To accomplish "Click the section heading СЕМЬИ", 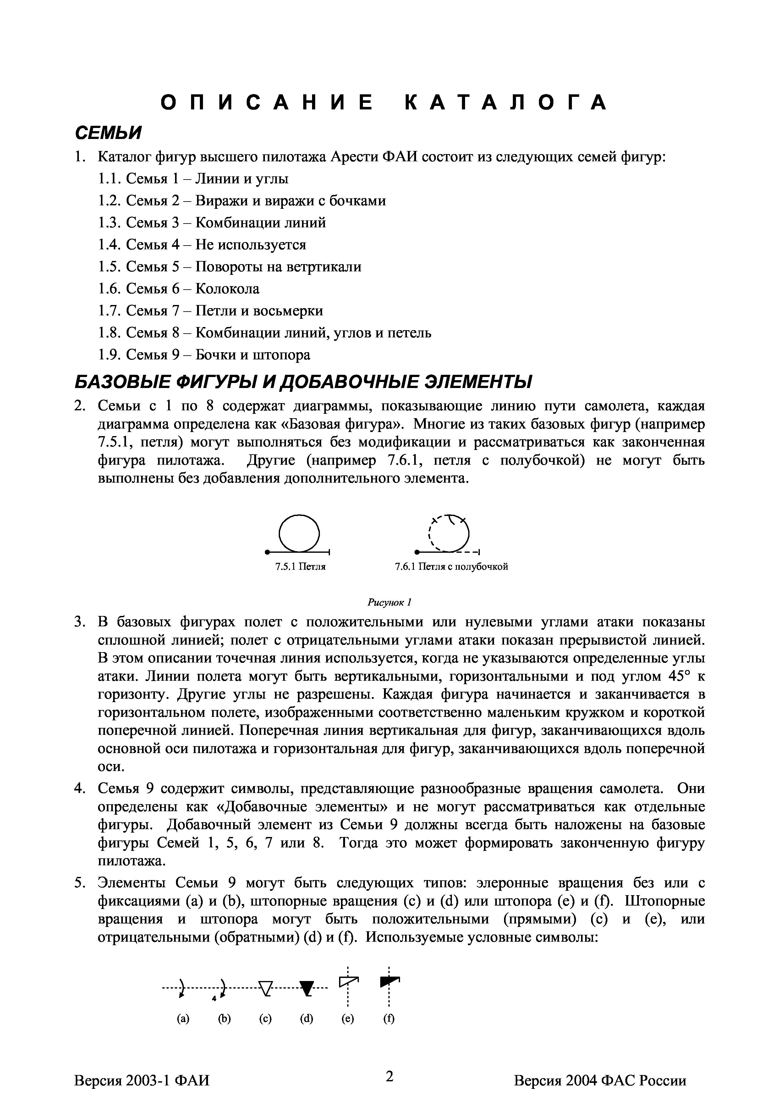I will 108,133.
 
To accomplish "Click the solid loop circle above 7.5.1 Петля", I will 299,533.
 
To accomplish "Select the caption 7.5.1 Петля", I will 300,567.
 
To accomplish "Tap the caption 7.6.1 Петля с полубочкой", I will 451,567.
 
